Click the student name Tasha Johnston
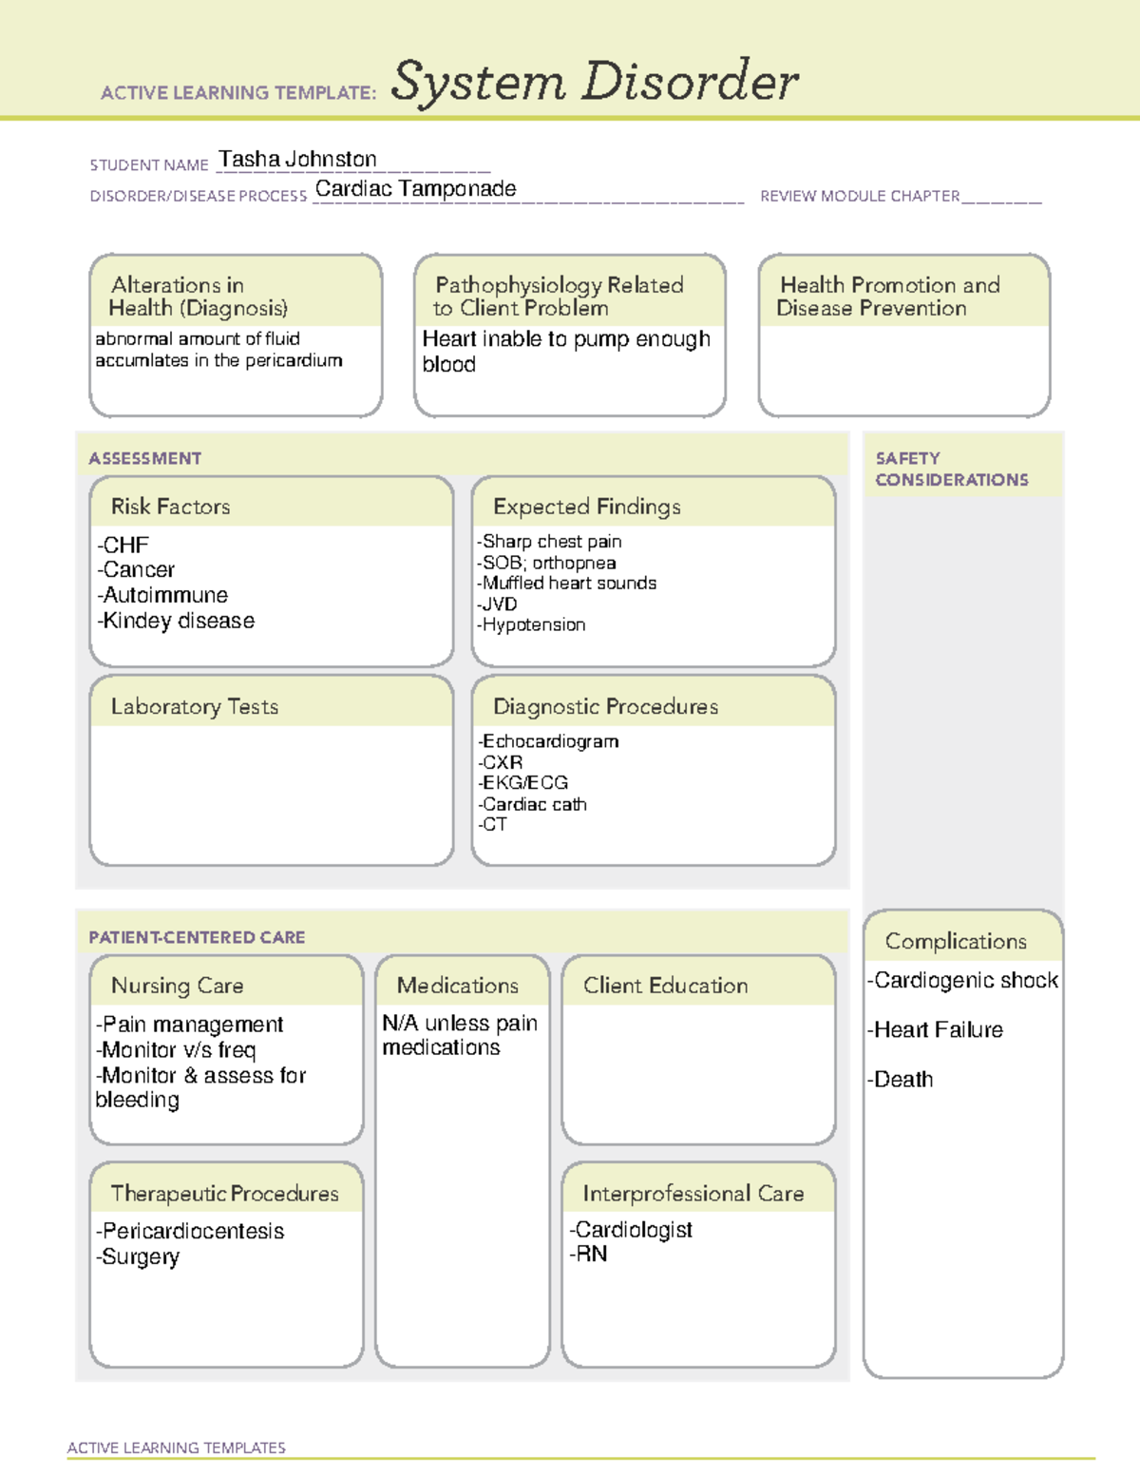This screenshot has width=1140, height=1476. tap(297, 160)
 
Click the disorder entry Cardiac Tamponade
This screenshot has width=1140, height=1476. tap(415, 189)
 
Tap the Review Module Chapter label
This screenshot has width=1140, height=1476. tap(859, 196)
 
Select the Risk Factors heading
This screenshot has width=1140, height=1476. tap(170, 507)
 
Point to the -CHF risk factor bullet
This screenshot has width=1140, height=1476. tap(123, 546)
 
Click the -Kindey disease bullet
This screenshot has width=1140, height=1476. tap(176, 621)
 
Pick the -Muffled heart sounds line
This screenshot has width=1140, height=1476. tap(567, 584)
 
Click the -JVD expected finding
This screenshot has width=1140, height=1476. tap(498, 604)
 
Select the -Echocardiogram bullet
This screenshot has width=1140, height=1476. tap(549, 741)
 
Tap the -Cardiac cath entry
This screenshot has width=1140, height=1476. tap(533, 804)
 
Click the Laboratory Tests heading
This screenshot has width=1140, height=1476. tap(194, 706)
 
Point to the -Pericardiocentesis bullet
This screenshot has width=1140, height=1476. tap(190, 1232)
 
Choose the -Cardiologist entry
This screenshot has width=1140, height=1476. tap(631, 1230)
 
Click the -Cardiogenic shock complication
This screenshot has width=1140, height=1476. tap(962, 981)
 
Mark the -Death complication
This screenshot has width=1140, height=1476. tap(900, 1080)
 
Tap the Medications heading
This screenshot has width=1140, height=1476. tap(457, 986)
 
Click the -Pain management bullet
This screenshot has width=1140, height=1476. tap(190, 1025)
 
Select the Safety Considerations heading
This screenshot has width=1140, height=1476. tap(951, 469)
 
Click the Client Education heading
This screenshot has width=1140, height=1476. tap(665, 986)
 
